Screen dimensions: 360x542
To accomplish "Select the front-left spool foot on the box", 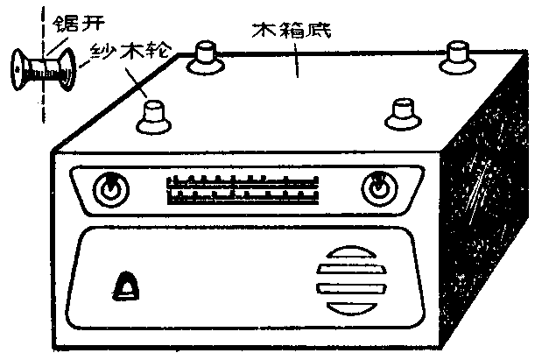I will click(x=154, y=116).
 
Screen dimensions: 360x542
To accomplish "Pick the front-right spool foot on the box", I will click(x=403, y=112).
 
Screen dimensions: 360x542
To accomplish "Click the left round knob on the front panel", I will click(x=110, y=189).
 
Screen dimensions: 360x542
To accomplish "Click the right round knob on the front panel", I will click(x=378, y=187).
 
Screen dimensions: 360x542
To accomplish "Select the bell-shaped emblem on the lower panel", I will click(x=128, y=286).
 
